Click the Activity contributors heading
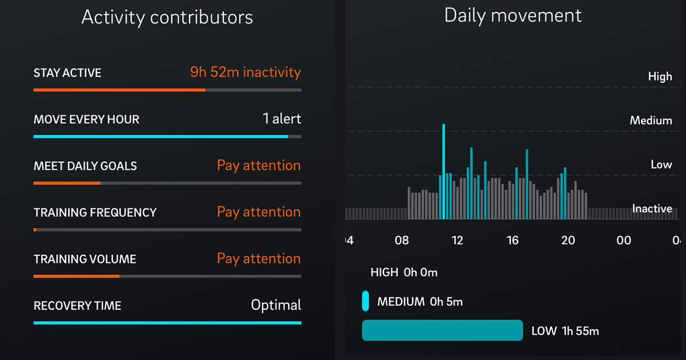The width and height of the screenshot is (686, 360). tap(167, 17)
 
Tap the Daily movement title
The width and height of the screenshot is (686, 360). tap(513, 15)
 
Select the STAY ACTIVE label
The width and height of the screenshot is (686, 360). tap(67, 73)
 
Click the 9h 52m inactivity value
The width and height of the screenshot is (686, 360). tap(245, 72)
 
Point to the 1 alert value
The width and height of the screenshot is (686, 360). tap(281, 119)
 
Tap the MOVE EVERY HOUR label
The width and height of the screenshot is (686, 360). tap(86, 120)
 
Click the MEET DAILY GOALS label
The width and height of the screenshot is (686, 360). tap(85, 166)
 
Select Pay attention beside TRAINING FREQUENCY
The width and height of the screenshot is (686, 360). tap(259, 212)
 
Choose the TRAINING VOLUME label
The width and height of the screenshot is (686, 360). tap(84, 259)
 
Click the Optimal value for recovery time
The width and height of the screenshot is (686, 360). tap(276, 305)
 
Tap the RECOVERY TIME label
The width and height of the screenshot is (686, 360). tap(77, 306)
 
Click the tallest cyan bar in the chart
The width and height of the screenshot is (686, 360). tap(443, 171)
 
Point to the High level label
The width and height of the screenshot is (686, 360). tap(660, 76)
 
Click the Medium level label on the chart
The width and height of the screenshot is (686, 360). tap(651, 120)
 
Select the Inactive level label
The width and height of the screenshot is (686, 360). tap(652, 209)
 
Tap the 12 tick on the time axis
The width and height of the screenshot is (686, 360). tap(457, 240)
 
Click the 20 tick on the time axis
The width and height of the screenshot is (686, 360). tap(568, 240)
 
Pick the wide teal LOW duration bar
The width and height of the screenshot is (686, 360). tap(442, 330)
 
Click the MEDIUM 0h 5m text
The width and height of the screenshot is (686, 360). tap(419, 302)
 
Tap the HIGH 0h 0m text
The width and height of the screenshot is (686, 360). tap(403, 272)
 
